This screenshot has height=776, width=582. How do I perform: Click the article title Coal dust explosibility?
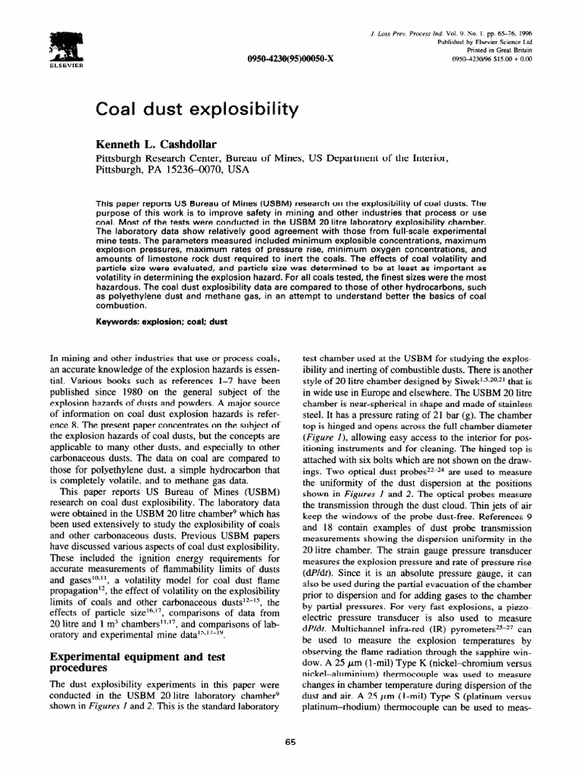tap(196, 109)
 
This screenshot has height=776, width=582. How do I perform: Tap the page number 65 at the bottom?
tap(290, 743)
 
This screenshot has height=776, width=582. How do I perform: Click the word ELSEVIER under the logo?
tap(66, 66)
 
